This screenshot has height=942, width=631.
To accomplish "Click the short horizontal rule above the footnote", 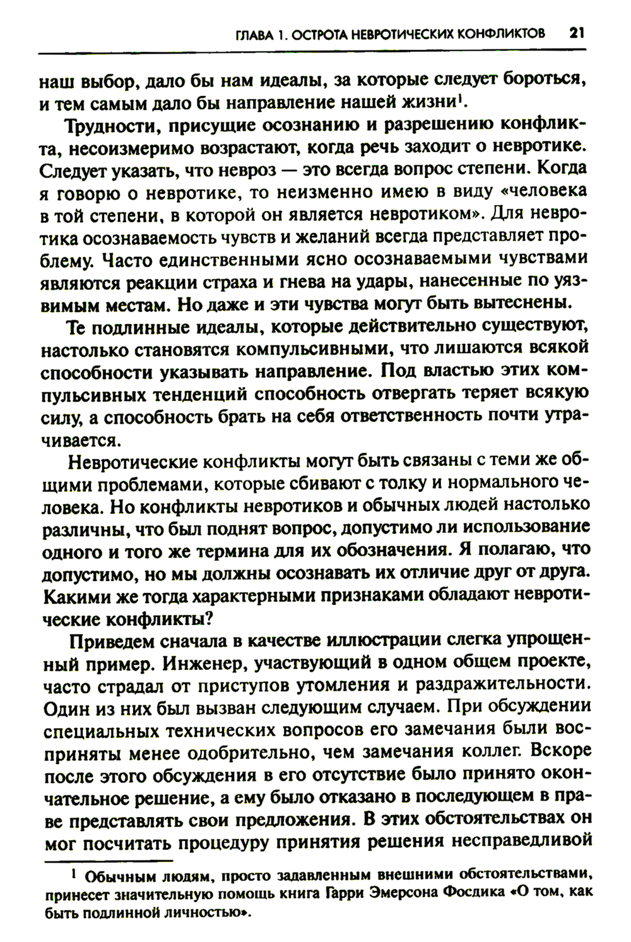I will click(107, 861).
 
